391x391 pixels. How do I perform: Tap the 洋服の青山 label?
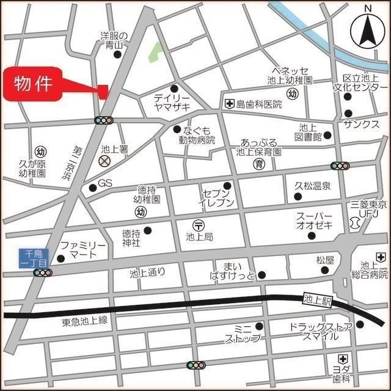point(113,40)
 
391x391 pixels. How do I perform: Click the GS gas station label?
point(106,183)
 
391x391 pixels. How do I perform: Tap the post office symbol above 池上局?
point(199,224)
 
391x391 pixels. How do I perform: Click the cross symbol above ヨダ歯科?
point(343,358)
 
